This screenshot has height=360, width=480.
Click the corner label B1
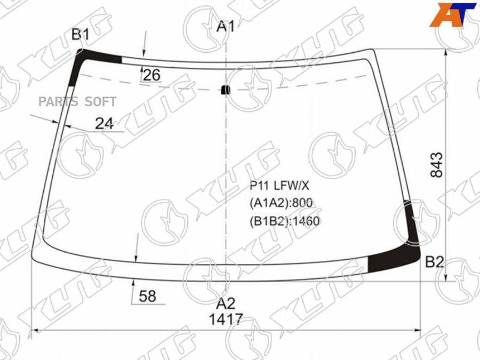(x=81, y=35)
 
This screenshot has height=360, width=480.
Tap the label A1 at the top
(x=226, y=26)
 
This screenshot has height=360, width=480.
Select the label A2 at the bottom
(x=226, y=303)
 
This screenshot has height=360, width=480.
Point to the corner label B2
(x=435, y=262)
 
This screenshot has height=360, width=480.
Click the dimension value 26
(x=151, y=75)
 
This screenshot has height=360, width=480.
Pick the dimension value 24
(x=105, y=124)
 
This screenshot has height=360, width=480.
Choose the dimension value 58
(x=147, y=295)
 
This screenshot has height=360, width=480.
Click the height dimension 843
(x=436, y=165)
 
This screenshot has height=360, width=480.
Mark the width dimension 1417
(x=226, y=320)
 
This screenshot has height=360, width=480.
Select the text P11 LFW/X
(x=279, y=186)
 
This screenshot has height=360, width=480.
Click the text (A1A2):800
(x=281, y=203)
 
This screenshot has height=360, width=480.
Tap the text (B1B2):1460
(x=284, y=220)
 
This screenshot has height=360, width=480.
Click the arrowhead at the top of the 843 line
(x=446, y=53)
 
